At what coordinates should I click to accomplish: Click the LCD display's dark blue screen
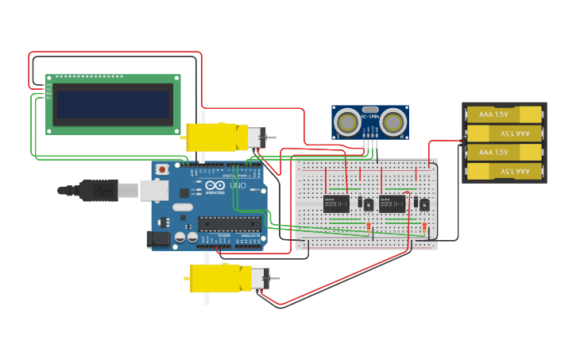[113, 104]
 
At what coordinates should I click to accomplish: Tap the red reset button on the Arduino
[163, 169]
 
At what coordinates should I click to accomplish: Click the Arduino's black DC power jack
[157, 237]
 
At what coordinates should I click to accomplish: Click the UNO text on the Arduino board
[238, 185]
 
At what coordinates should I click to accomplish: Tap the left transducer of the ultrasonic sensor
[346, 122]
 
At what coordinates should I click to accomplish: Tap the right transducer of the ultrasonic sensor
[394, 122]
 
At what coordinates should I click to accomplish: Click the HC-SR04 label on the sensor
[370, 117]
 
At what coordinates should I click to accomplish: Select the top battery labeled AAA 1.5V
[503, 114]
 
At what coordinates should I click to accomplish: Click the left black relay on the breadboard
[336, 203]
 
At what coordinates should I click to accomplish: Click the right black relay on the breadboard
[392, 203]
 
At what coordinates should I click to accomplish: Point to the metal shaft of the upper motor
[273, 138]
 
